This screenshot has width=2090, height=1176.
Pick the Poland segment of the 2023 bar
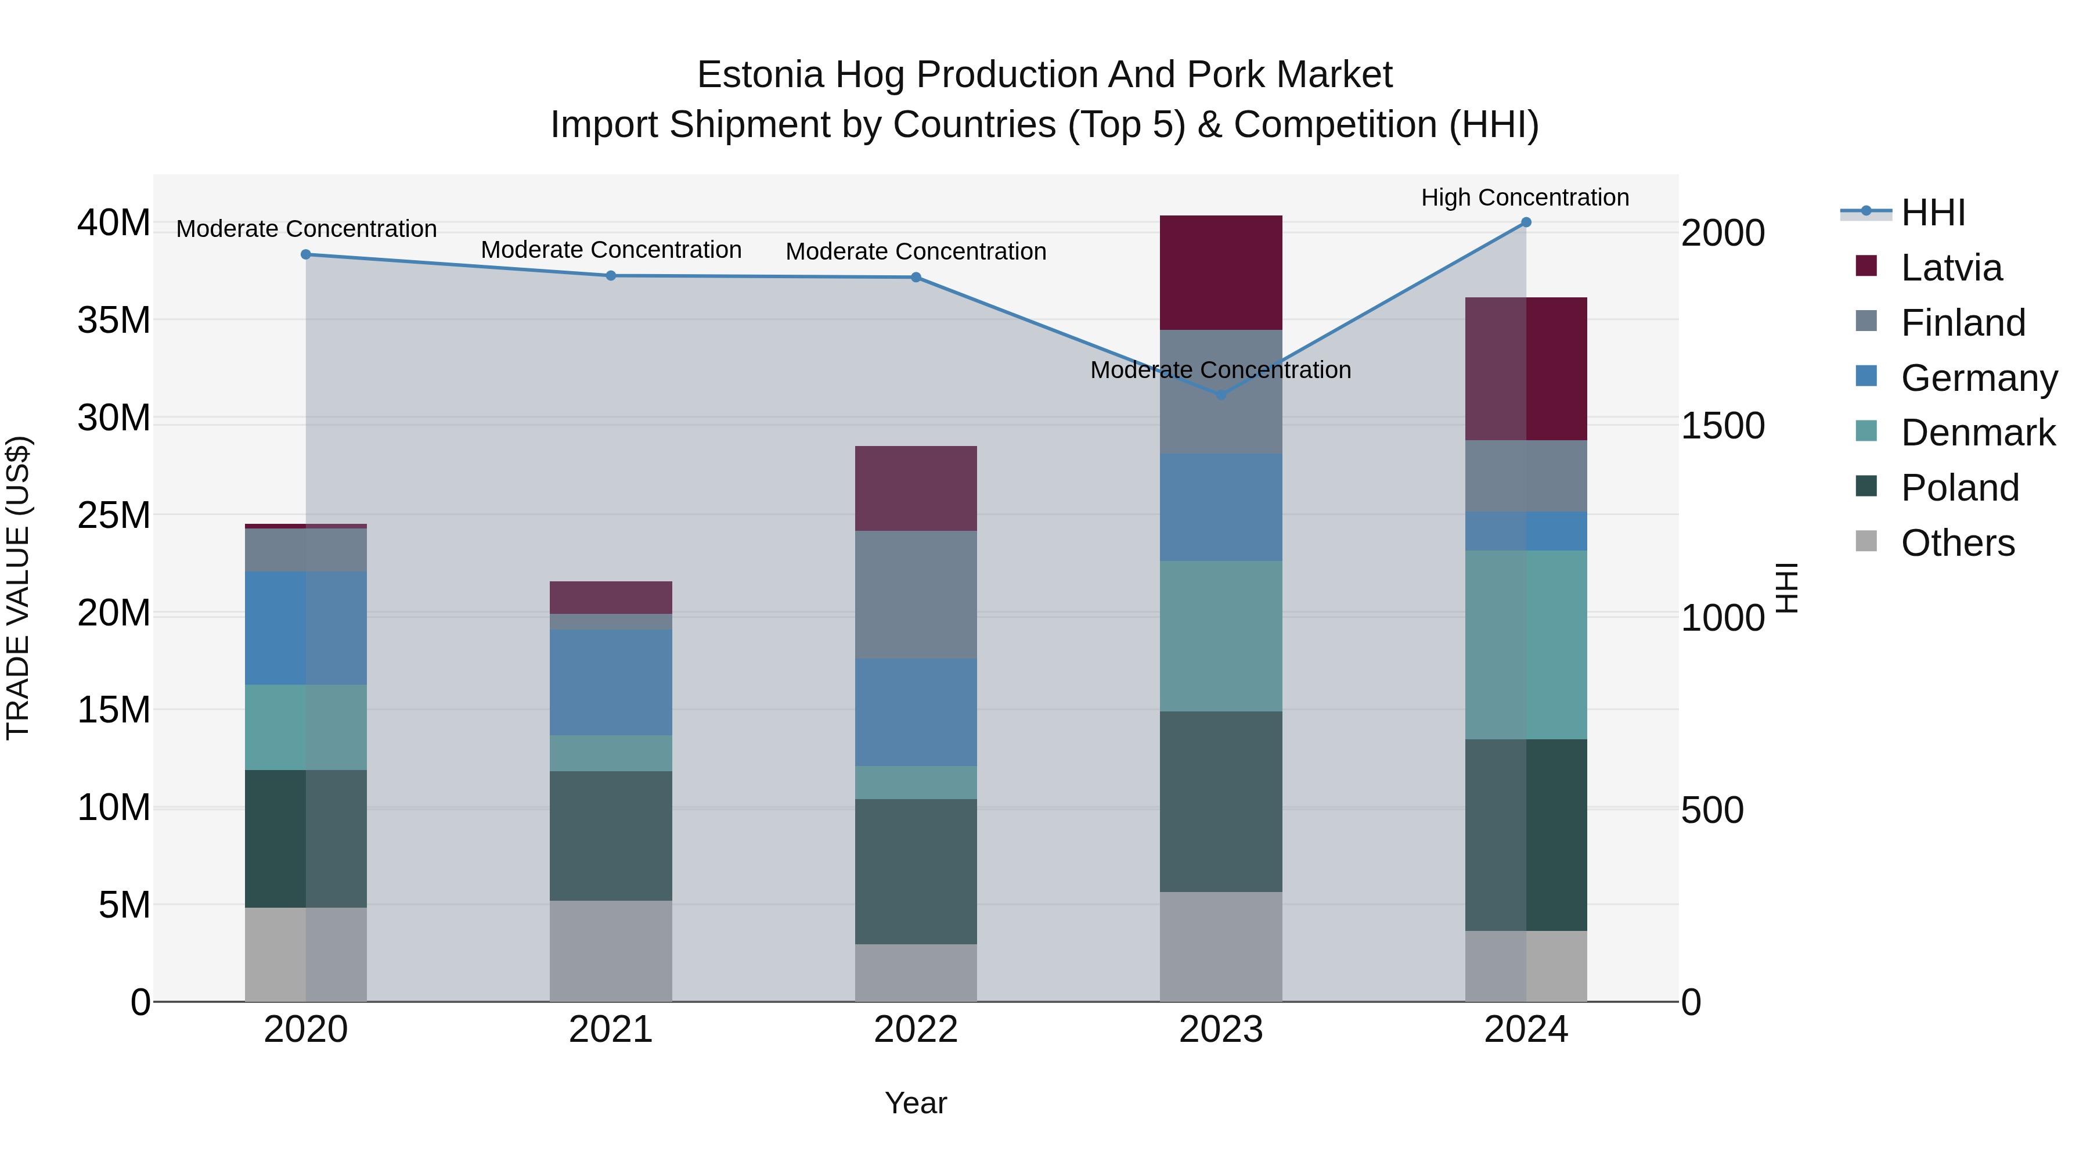[x=1220, y=802]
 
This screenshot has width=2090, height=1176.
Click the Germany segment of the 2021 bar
[x=610, y=682]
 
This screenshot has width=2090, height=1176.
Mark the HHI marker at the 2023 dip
[x=1220, y=395]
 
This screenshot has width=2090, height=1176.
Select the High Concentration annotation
[x=1525, y=197]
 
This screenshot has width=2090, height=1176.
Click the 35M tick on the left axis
[x=114, y=321]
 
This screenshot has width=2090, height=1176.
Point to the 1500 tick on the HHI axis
[x=1722, y=426]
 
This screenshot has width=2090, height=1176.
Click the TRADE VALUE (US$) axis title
[x=18, y=588]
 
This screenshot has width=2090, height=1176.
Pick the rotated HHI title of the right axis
[x=1788, y=588]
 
